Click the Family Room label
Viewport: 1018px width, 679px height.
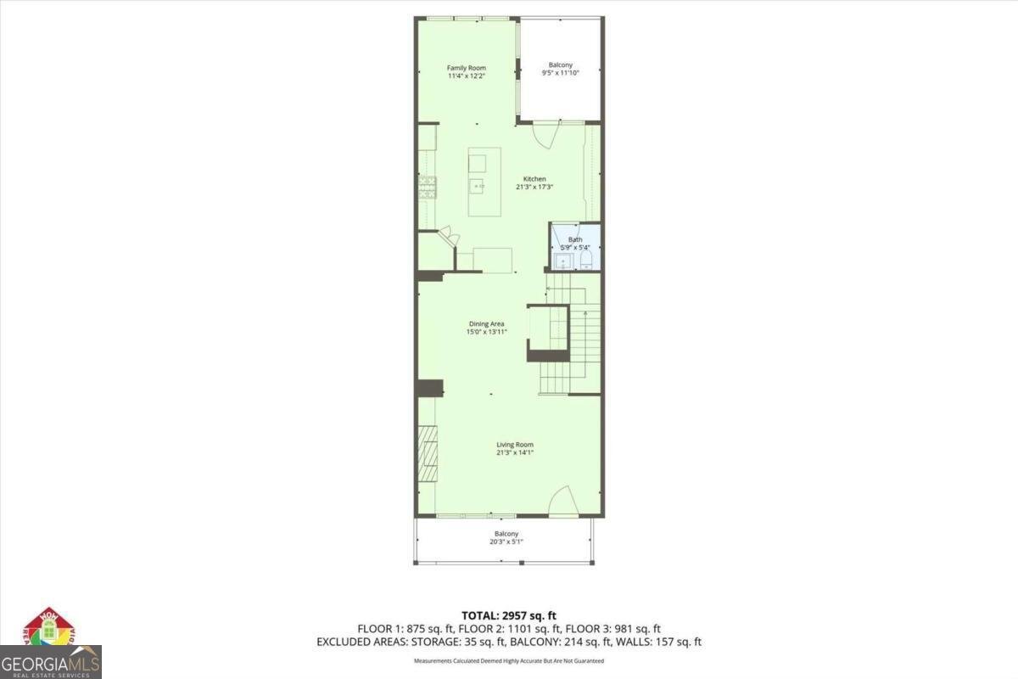click(467, 68)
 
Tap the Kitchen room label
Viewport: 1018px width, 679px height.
click(534, 178)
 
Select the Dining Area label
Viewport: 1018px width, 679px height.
click(487, 323)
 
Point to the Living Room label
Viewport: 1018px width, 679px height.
click(515, 444)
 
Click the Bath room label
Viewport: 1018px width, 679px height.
click(575, 239)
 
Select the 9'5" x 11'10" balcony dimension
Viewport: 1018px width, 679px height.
click(560, 74)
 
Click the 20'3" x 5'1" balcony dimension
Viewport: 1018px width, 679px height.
click(506, 542)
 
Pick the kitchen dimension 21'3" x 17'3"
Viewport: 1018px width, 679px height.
click(534, 187)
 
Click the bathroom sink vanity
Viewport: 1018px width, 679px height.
click(562, 259)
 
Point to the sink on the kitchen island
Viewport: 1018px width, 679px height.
click(479, 185)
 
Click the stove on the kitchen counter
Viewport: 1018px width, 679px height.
click(427, 188)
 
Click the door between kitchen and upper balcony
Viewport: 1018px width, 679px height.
click(545, 132)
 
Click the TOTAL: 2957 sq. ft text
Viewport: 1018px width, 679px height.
click(509, 615)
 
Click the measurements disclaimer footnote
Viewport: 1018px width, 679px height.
click(509, 660)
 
